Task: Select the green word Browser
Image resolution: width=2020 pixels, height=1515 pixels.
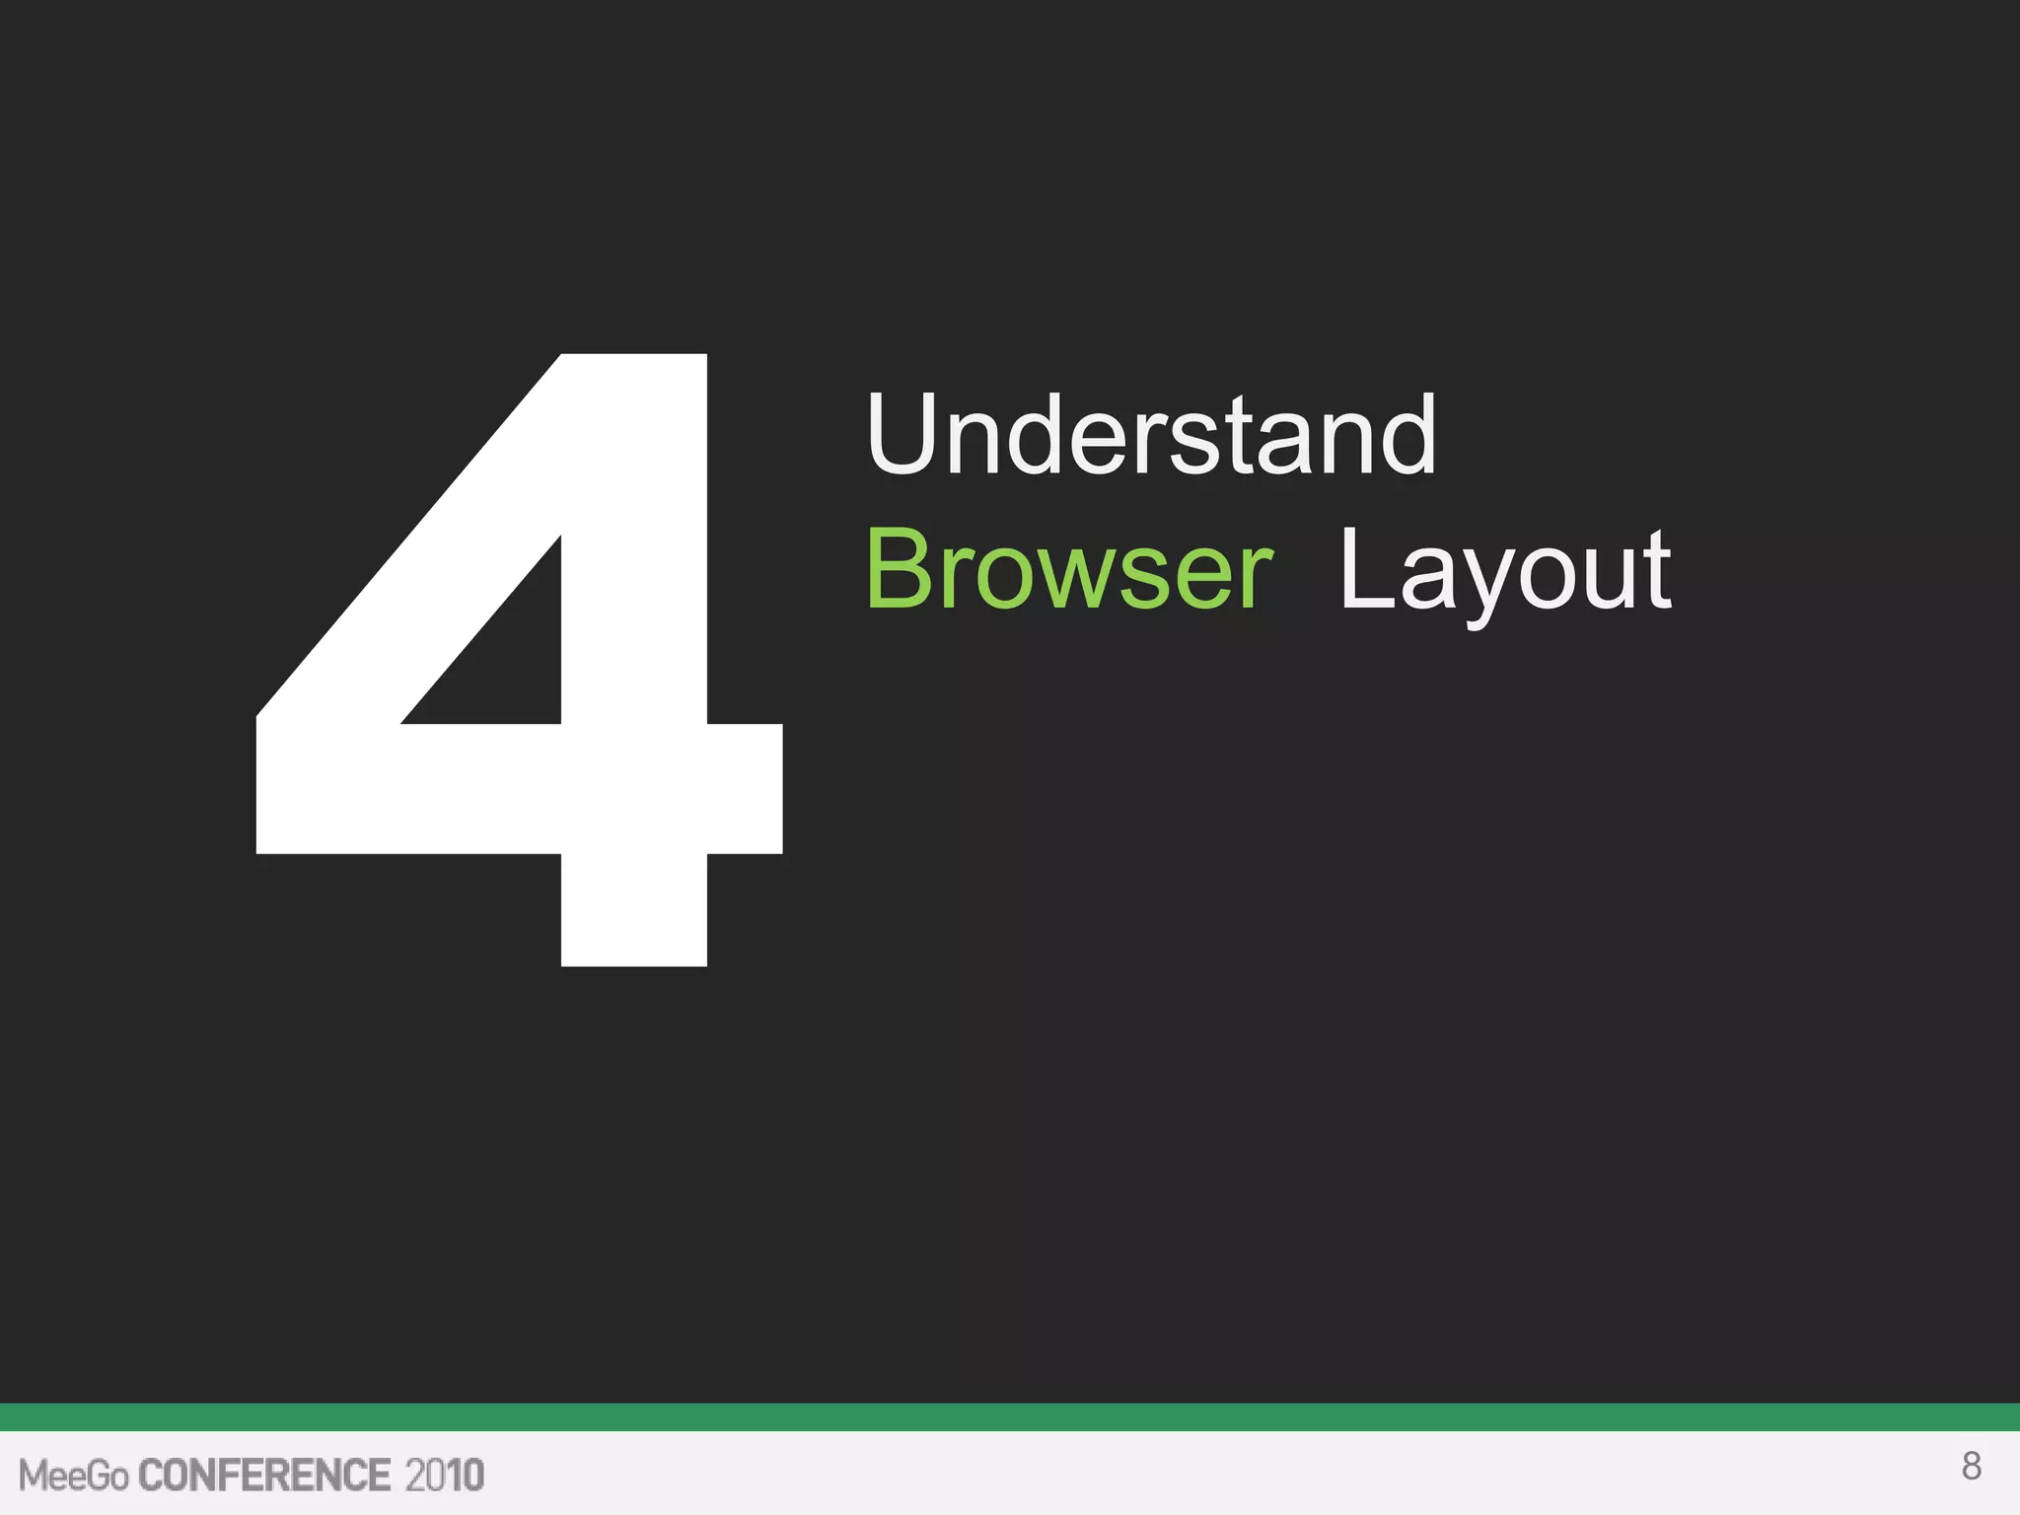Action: [1069, 570]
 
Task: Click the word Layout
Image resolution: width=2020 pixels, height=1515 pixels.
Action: [1504, 572]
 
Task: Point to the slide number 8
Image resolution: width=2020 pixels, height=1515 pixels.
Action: [1971, 1467]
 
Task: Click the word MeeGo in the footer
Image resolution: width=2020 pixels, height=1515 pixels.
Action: [74, 1476]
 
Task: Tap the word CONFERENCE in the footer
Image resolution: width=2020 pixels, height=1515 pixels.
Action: [264, 1476]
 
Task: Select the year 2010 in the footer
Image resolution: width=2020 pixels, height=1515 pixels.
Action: [444, 1476]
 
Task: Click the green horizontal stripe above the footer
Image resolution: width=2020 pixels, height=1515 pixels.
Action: [1010, 1416]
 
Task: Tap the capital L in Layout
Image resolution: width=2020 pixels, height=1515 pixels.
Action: [1366, 569]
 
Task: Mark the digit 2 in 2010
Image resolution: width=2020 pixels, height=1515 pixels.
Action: [415, 1476]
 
